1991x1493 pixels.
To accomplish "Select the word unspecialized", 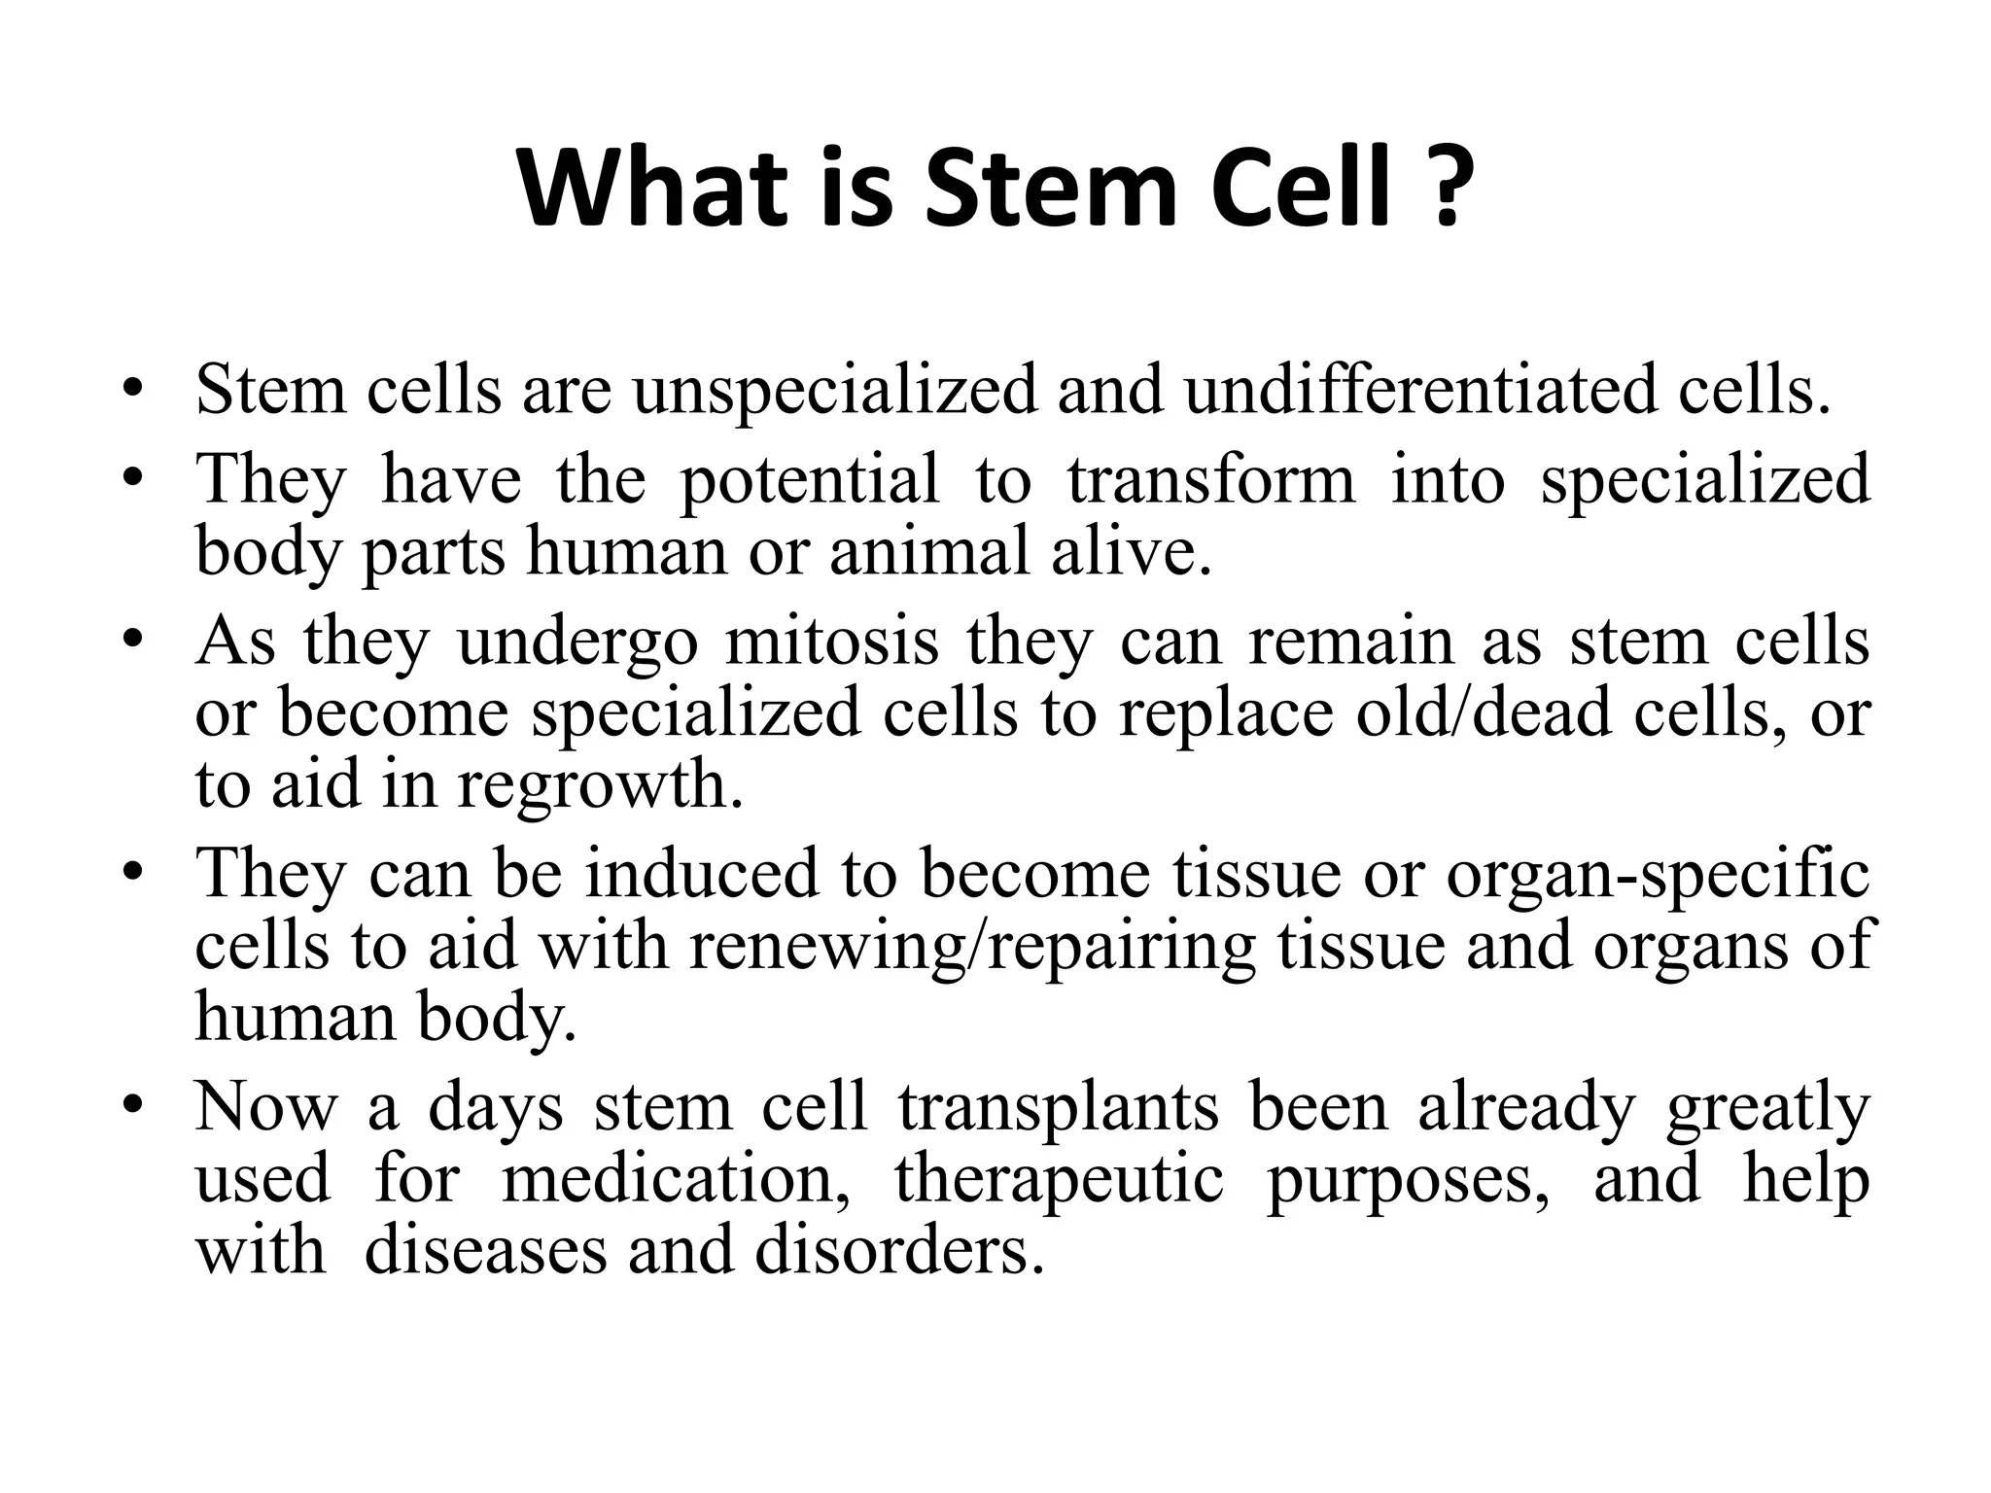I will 835,391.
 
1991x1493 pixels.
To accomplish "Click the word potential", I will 810,479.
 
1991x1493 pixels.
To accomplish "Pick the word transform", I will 1211,479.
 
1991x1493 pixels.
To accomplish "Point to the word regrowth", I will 600,784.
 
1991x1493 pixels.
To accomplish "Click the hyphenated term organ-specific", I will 1658,874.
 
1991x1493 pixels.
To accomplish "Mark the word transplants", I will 1058,1107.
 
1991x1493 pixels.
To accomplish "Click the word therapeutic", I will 1059,1179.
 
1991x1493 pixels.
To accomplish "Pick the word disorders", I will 891,1250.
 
